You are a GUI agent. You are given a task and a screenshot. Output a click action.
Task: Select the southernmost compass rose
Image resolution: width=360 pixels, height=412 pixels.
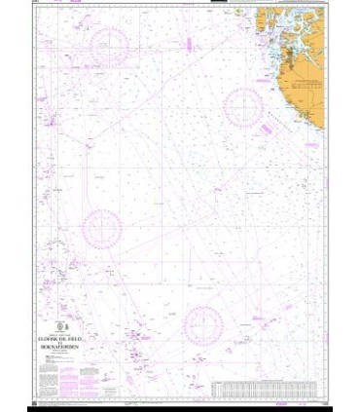[x=203, y=325]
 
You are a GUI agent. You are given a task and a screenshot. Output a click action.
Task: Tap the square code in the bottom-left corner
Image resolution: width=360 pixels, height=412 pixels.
[x=34, y=403]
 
